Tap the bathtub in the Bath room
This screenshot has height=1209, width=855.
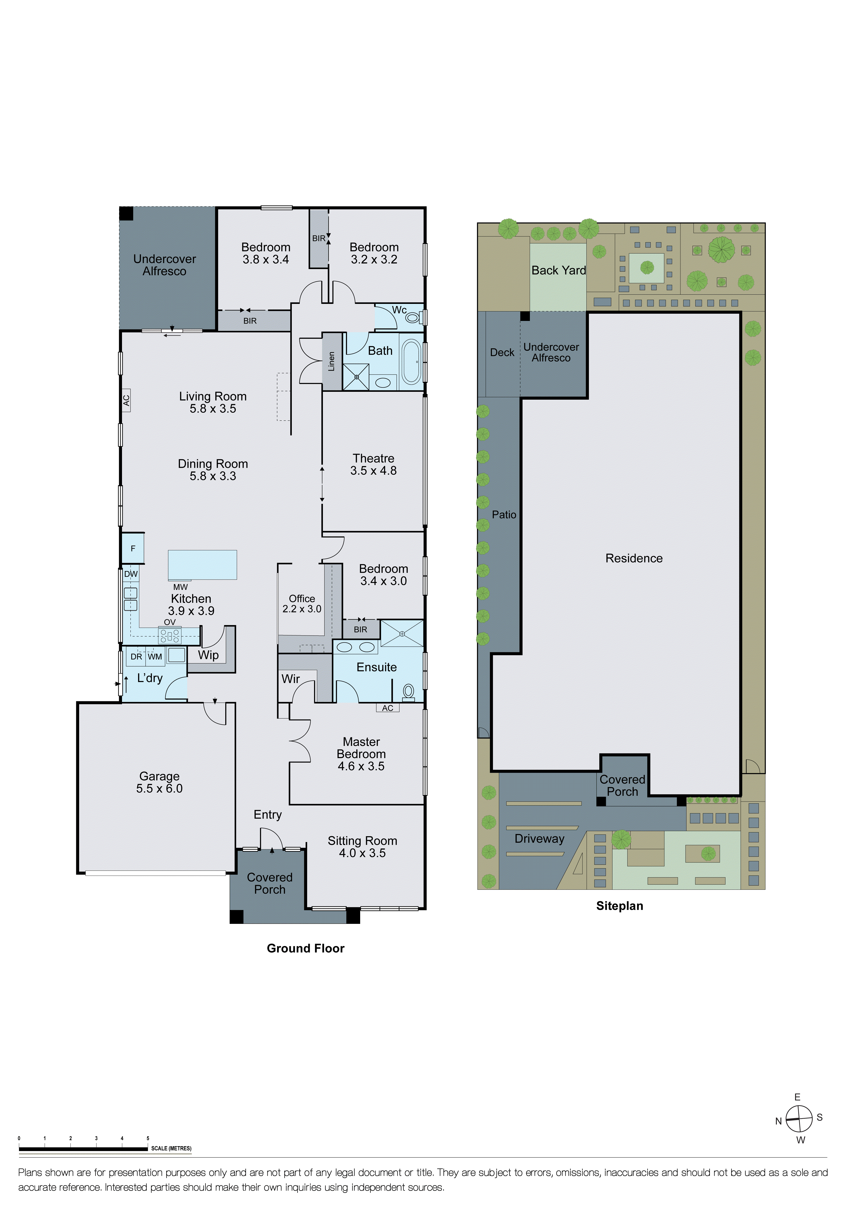point(411,362)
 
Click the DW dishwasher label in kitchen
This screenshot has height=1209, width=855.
point(131,574)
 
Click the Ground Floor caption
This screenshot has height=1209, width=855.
point(305,948)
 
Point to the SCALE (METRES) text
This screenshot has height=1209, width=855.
point(171,1148)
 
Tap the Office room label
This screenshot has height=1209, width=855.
point(302,599)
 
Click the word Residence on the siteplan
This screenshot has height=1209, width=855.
point(634,558)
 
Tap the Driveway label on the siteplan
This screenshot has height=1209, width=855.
point(539,839)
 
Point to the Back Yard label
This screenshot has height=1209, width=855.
point(558,270)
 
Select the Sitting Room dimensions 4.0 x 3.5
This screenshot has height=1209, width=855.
point(362,853)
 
